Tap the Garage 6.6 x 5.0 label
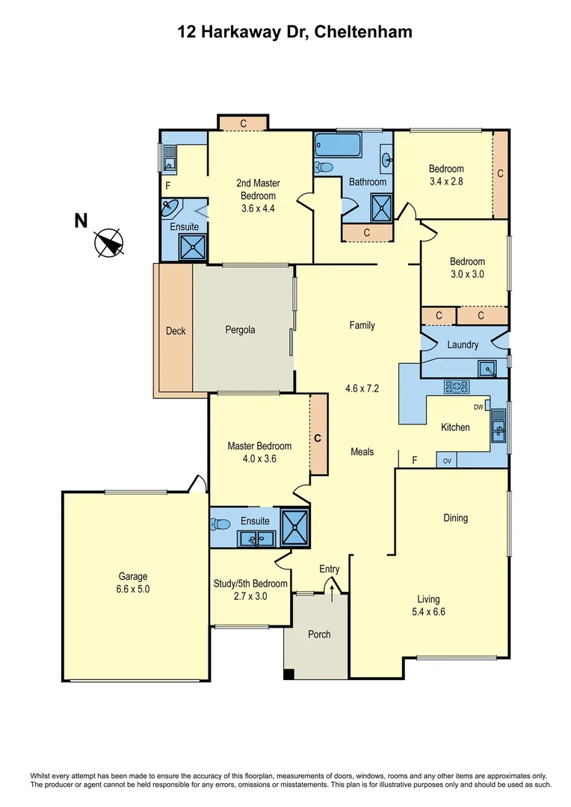coord(132,582)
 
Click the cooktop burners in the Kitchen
coord(456,386)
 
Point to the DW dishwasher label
coord(478,407)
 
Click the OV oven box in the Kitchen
coord(448,460)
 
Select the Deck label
coord(176,330)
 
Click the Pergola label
coord(241,330)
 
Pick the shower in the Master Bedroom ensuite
coord(295,528)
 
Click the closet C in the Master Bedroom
coord(318,438)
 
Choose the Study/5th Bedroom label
coord(250,590)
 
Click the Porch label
coord(319,634)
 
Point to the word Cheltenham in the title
coord(362,32)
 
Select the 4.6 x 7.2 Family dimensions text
coord(362,389)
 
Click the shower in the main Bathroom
coord(382,205)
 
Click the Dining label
coord(455,518)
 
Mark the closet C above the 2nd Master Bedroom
coord(243,123)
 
